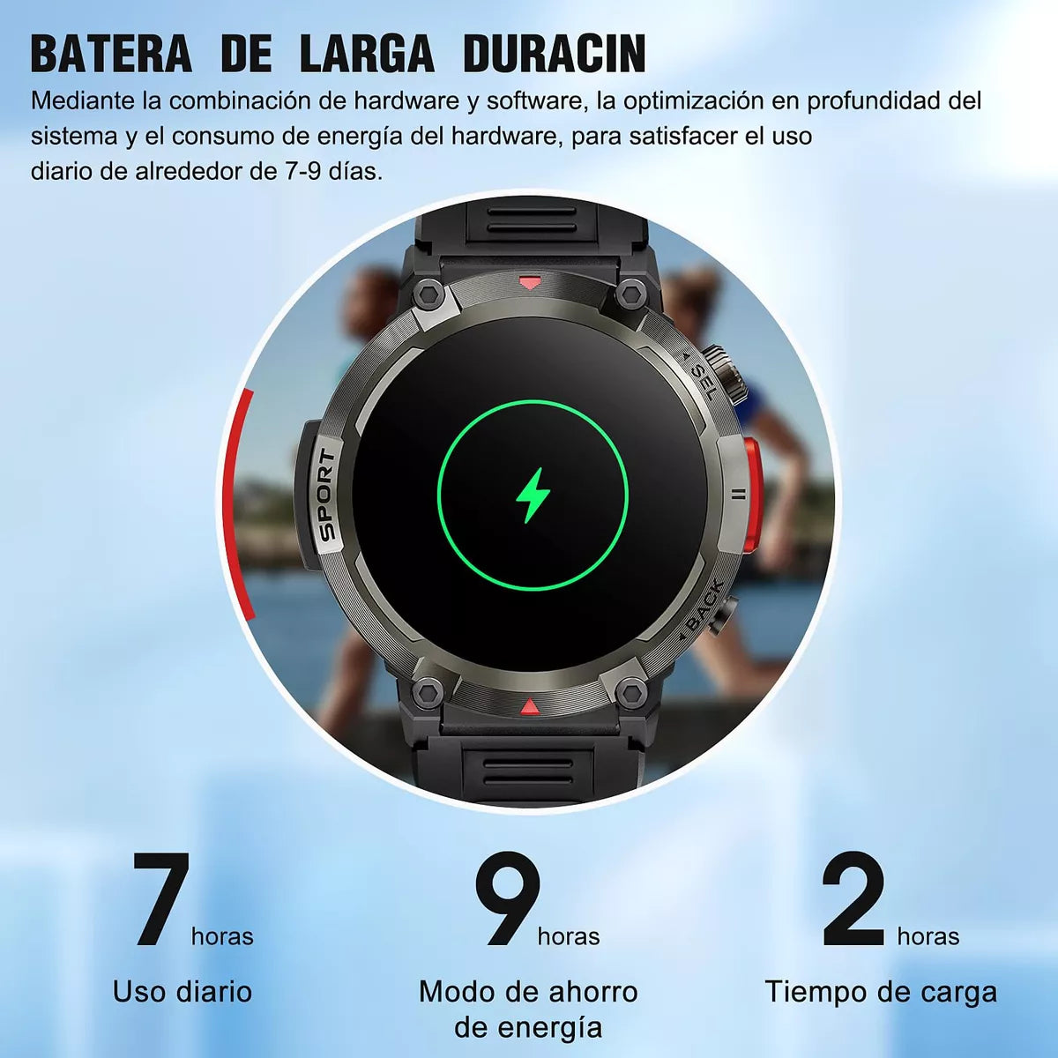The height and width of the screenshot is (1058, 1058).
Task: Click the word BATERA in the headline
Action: (x=111, y=55)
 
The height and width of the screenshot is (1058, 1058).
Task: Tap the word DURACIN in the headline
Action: (x=554, y=55)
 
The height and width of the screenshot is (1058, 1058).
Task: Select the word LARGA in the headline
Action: (x=367, y=55)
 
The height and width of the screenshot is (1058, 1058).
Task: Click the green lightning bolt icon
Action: (x=533, y=495)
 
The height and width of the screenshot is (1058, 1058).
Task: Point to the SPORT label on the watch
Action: (x=327, y=494)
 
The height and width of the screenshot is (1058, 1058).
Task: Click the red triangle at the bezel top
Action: (x=530, y=282)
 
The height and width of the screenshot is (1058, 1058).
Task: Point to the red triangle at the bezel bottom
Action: (x=529, y=706)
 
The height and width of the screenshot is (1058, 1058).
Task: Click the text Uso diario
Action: (x=183, y=992)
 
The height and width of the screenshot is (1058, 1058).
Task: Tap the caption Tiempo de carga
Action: (x=881, y=993)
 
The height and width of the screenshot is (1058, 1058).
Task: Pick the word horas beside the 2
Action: (x=928, y=936)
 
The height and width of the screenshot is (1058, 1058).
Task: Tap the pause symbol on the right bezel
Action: (x=740, y=494)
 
